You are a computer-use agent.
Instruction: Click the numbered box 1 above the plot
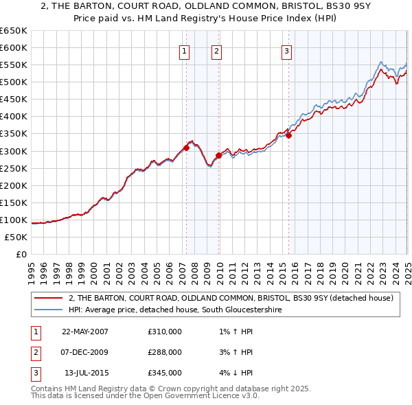(185, 50)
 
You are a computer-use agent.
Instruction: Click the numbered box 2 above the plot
(216, 50)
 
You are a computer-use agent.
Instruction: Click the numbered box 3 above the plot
(286, 50)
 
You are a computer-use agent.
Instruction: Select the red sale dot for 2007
(186, 148)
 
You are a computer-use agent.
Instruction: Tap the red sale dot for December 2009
(218, 155)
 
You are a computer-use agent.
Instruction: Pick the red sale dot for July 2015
(289, 135)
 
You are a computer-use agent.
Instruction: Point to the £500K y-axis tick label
(14, 82)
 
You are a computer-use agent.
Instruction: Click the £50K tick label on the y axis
(16, 238)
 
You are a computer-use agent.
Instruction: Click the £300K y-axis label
(14, 151)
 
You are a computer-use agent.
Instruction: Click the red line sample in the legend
(49, 298)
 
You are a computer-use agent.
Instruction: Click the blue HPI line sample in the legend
(49, 310)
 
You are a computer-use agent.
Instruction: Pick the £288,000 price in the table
(165, 352)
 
